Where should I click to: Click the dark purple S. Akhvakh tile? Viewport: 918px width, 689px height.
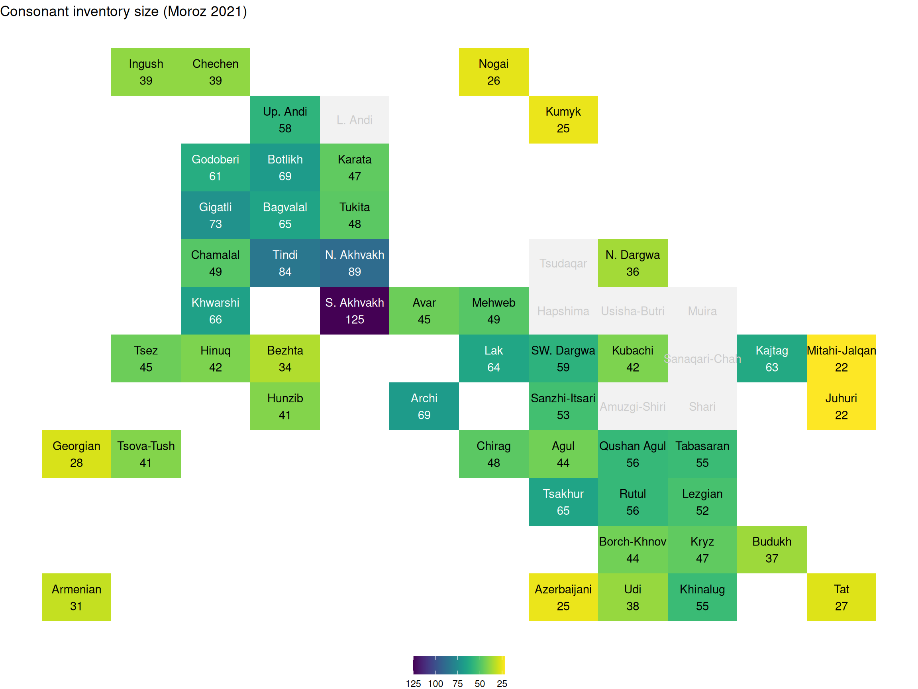point(355,311)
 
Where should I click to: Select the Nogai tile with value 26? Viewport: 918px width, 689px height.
point(493,72)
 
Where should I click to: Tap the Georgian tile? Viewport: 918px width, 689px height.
point(76,454)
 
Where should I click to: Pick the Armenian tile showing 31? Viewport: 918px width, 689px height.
point(76,597)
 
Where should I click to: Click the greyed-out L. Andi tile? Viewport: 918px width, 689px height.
point(355,120)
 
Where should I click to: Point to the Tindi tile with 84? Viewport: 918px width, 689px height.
point(285,263)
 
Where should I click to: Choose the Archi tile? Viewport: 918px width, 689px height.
point(424,406)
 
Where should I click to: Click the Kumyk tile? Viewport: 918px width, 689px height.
point(563,120)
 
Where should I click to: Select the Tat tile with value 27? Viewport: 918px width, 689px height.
point(841,597)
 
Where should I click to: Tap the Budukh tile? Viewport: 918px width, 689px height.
point(771,549)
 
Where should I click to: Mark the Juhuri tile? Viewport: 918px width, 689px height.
point(841,406)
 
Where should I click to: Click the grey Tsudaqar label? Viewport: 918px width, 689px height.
point(563,263)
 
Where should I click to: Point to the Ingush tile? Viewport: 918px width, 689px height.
point(146,72)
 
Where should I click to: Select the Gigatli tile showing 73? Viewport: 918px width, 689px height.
point(216,215)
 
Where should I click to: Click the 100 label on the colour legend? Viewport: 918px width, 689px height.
point(435,683)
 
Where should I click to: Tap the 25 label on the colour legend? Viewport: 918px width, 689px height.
point(502,683)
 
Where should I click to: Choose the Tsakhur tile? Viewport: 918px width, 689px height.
point(563,502)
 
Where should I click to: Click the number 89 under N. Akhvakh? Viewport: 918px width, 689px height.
point(355,272)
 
